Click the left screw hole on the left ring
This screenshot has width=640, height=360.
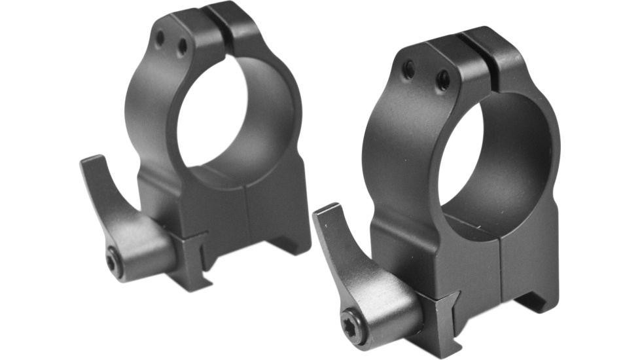click(x=160, y=39)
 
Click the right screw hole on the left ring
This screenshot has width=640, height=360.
click(x=182, y=46)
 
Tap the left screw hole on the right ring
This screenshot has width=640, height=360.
click(x=408, y=69)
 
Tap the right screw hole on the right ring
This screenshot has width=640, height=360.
click(x=443, y=80)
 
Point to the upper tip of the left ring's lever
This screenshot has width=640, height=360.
click(x=92, y=161)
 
